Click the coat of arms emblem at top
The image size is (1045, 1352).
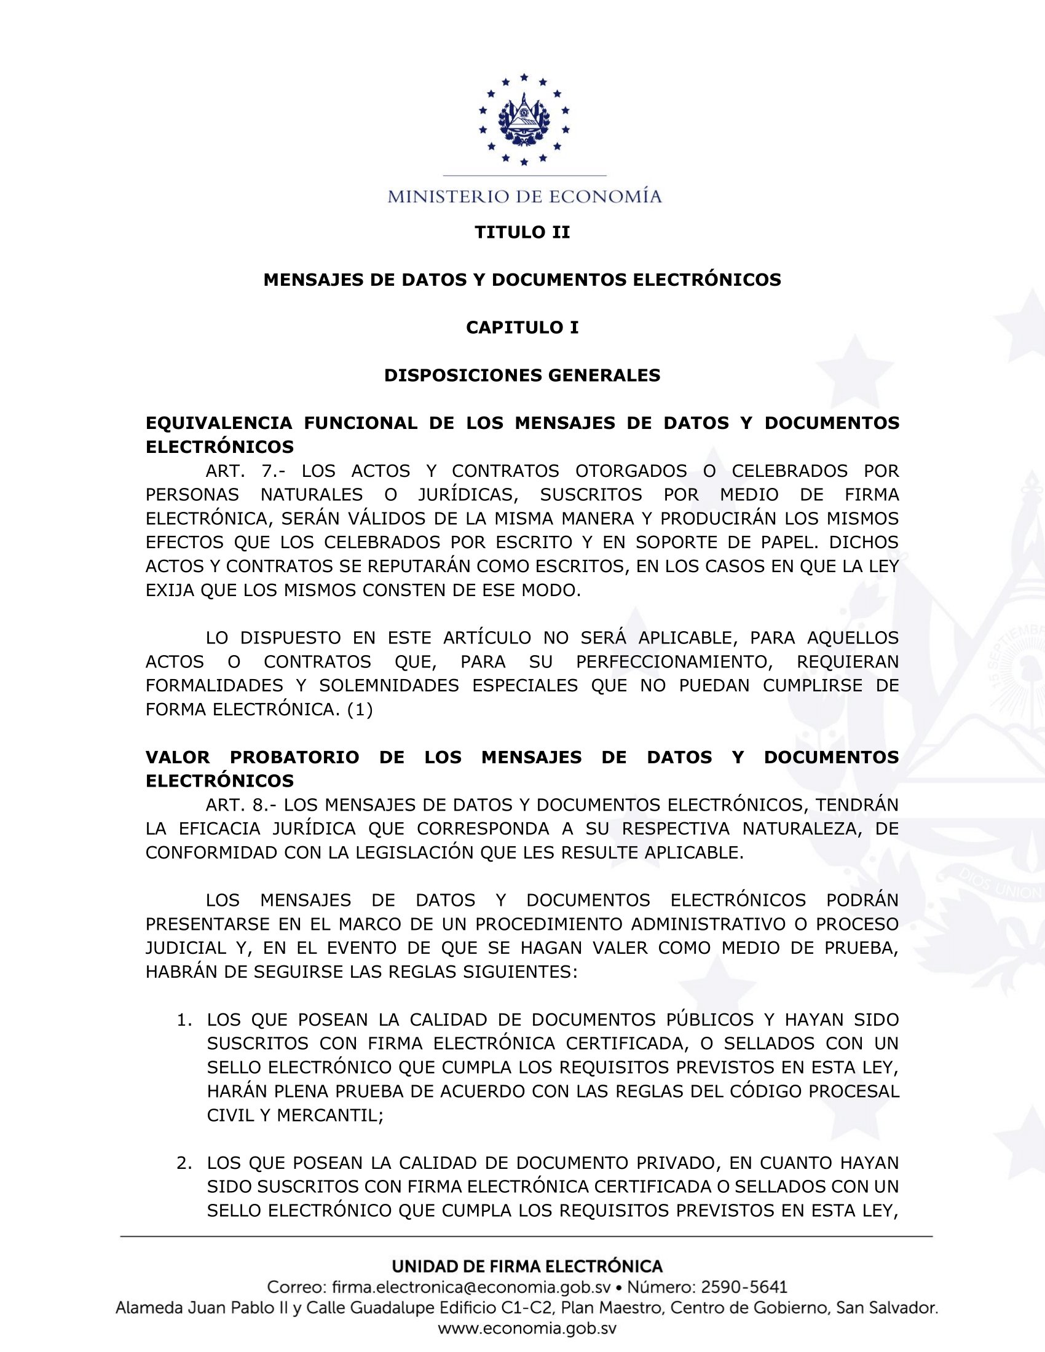(524, 119)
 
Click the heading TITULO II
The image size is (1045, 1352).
(522, 232)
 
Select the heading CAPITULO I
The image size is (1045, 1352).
(522, 328)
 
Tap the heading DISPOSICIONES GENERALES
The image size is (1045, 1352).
(522, 375)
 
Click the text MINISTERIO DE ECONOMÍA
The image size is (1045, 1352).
(524, 197)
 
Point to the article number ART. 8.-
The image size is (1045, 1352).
(241, 805)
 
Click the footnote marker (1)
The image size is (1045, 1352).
(360, 709)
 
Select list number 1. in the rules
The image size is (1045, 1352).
(184, 1020)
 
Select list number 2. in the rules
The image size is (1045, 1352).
(184, 1163)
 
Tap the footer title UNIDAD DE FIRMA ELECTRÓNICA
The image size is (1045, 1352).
(527, 1266)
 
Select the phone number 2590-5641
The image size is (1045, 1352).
(744, 1287)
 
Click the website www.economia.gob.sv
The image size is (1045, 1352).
(527, 1329)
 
